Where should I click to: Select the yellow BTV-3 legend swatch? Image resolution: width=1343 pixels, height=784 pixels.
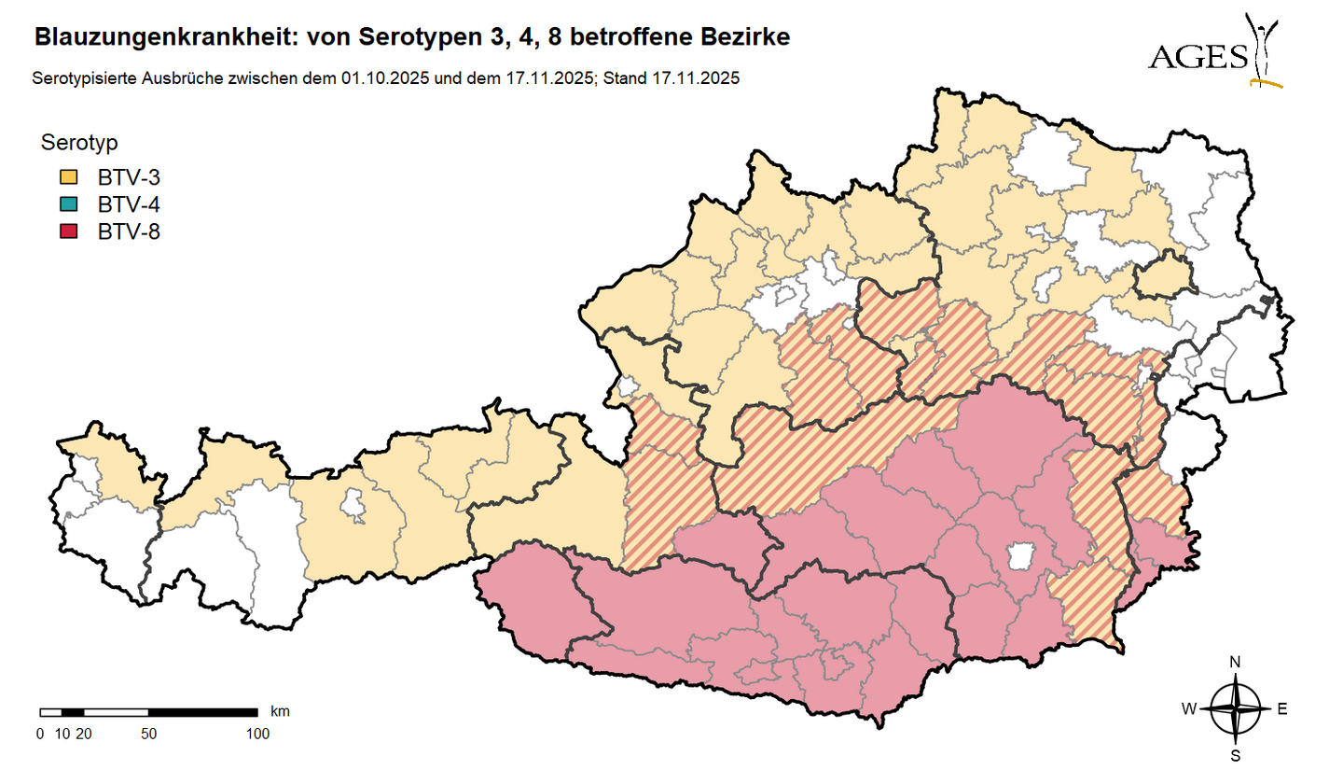(69, 177)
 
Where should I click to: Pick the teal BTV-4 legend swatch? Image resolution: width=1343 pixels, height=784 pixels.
(69, 204)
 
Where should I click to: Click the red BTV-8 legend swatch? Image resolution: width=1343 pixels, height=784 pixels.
(69, 231)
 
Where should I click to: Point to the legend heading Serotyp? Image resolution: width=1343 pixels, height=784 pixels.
(78, 144)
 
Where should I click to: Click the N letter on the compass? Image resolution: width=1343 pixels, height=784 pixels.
(1235, 663)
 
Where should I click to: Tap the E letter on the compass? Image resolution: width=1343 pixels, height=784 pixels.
(1282, 709)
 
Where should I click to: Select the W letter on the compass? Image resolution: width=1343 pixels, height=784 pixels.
(1189, 709)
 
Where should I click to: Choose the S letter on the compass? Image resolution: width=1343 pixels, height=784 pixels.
(1235, 755)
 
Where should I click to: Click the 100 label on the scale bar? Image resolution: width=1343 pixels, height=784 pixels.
(256, 734)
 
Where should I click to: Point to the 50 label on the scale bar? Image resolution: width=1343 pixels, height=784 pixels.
(148, 734)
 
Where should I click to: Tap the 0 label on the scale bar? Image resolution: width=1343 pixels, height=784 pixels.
(39, 734)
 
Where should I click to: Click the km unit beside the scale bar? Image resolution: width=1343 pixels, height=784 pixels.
(280, 711)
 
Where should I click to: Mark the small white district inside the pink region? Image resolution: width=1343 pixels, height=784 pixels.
(1021, 557)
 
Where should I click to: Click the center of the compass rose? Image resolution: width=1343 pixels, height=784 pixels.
(1235, 709)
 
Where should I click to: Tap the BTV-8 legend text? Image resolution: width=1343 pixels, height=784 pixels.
(129, 231)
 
